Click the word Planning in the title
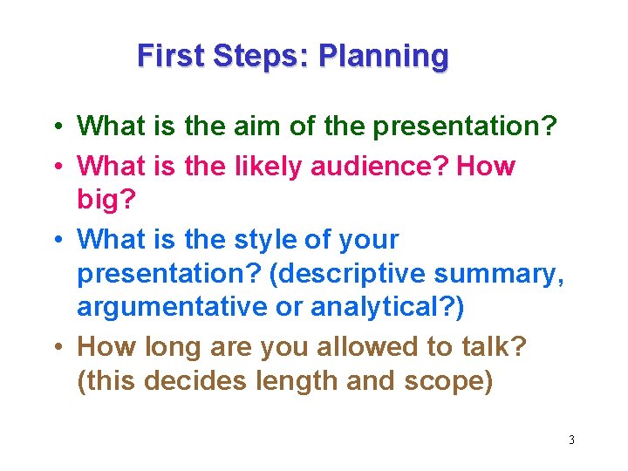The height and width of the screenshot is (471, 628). coord(384,56)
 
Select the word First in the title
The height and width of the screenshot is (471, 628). coord(171,56)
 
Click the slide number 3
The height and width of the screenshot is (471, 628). coord(571,440)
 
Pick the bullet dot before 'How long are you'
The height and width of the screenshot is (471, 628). coord(55,347)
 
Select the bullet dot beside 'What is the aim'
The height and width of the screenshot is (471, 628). coord(55,126)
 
